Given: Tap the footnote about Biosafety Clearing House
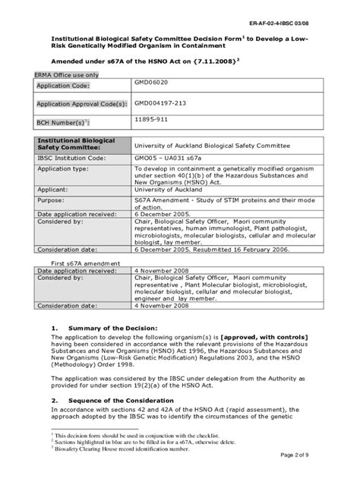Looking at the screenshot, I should point(133,449).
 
